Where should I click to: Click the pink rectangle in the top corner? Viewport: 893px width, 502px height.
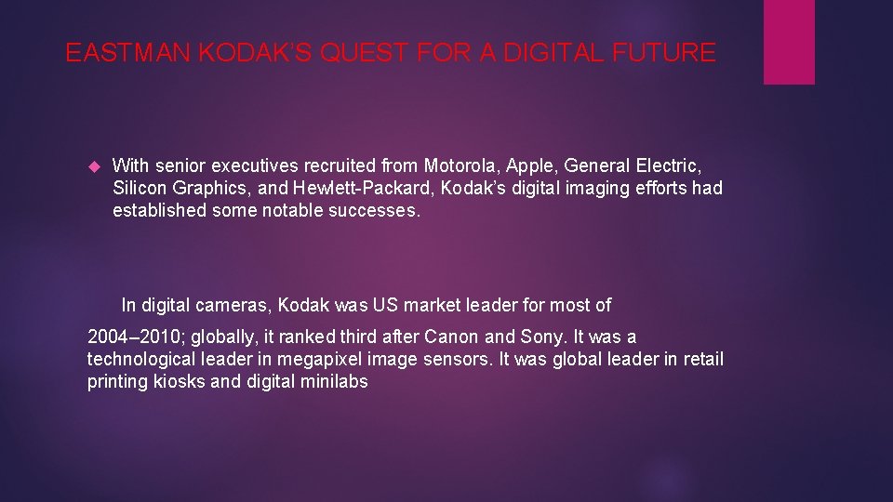(x=789, y=42)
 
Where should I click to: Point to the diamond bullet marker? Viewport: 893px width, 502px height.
(x=92, y=166)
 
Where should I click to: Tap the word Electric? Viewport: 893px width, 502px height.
(x=669, y=165)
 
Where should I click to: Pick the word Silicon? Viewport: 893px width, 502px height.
(x=139, y=188)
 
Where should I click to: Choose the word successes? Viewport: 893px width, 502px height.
(x=376, y=210)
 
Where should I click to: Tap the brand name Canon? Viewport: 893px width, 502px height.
(x=465, y=337)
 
